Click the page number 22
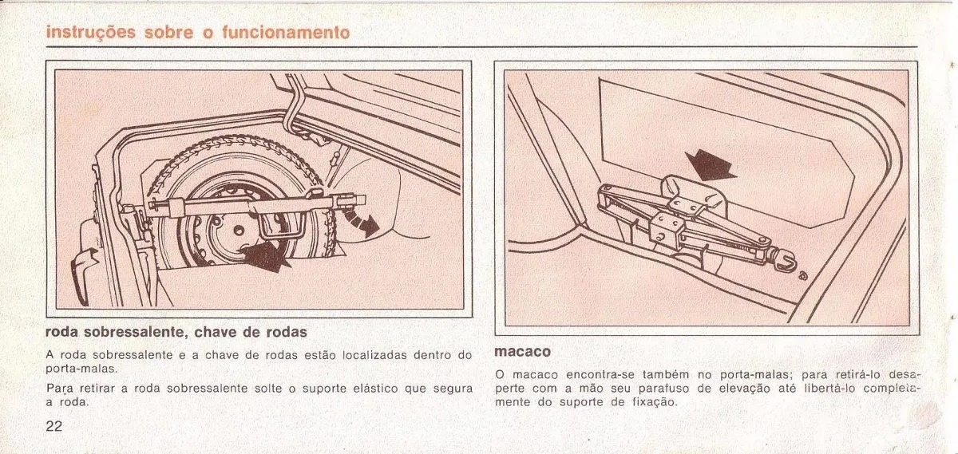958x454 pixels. tap(54, 426)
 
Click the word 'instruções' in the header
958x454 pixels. tap(91, 33)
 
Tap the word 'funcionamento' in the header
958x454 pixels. tap(286, 33)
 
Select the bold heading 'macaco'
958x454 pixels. tap(522, 351)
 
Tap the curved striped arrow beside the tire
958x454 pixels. tap(362, 222)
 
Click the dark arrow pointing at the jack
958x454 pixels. tap(710, 165)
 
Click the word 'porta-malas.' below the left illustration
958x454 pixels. tap(81, 369)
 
